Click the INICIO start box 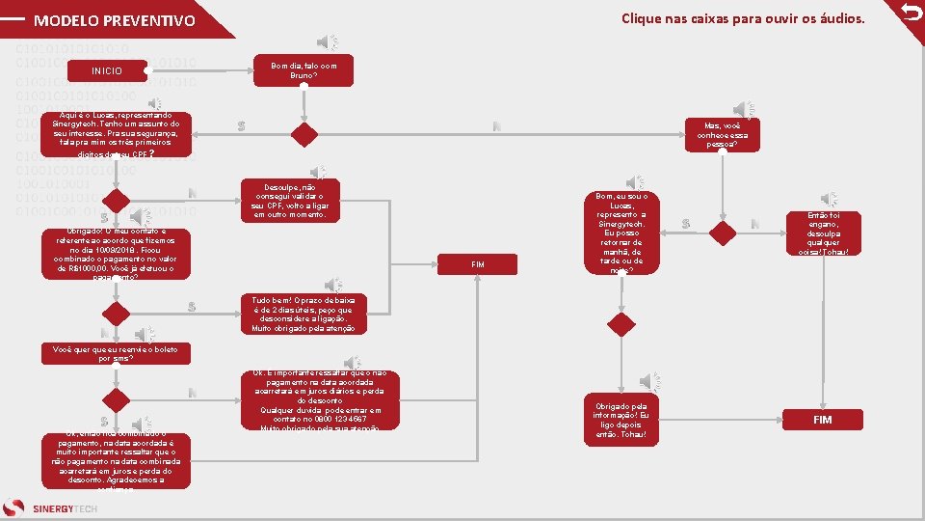tap(106, 71)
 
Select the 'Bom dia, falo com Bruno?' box tap(303, 69)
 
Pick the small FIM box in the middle tap(478, 263)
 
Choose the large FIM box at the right tap(822, 420)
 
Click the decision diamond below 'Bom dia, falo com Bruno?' tap(304, 134)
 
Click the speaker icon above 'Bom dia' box tap(328, 42)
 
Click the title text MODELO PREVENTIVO tap(114, 20)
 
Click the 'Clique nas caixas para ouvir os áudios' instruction tap(743, 18)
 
